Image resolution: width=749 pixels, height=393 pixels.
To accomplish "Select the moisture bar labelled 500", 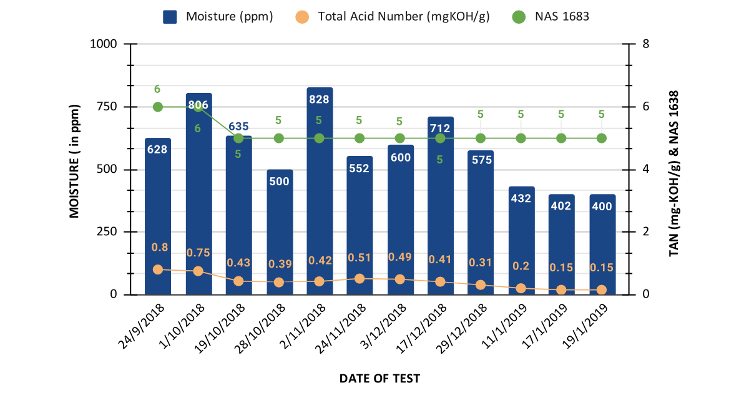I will [x=279, y=237].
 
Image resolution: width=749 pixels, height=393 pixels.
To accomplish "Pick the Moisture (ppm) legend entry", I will [x=218, y=17].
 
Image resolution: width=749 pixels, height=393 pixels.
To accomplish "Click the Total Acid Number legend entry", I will [x=393, y=17].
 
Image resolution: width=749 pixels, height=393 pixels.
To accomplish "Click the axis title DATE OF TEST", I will [x=379, y=378].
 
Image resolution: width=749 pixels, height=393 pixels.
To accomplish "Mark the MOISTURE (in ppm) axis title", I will [x=74, y=161].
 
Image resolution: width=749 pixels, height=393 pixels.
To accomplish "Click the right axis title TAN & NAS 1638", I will [x=674, y=173].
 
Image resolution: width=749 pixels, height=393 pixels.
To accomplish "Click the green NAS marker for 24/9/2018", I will [x=158, y=107].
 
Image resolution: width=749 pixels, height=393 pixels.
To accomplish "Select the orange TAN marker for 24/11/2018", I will [x=360, y=279].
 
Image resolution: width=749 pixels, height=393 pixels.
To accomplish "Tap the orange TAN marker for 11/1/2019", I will [x=521, y=288].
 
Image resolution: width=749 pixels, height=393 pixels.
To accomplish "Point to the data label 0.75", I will [x=198, y=253].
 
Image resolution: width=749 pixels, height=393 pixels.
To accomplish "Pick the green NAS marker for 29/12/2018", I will [x=481, y=138].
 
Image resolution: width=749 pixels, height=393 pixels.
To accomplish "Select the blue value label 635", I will [x=238, y=127].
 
